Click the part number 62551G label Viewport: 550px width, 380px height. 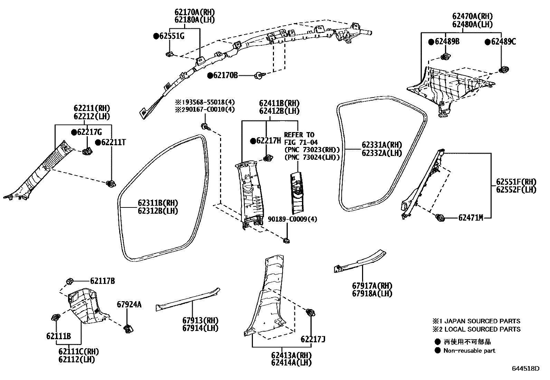click(172, 36)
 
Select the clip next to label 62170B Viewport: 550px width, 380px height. click(258, 75)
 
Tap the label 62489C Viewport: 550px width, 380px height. click(503, 42)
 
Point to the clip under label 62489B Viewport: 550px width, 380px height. click(446, 56)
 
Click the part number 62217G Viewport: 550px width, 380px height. click(89, 132)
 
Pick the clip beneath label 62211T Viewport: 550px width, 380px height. click(111, 184)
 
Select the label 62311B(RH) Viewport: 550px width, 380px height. click(158, 203)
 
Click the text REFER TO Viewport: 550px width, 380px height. click(299, 135)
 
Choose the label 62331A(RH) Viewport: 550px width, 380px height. click(382, 145)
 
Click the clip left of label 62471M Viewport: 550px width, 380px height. click(440, 218)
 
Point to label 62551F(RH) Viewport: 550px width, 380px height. click(516, 182)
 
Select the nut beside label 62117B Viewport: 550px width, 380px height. click(69, 281)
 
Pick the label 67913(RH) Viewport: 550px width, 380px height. click(200, 320)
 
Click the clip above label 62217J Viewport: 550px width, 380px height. click(310, 312)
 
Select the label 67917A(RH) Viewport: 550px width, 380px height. click(372, 286)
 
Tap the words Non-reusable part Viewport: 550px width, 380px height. click(469, 351)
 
